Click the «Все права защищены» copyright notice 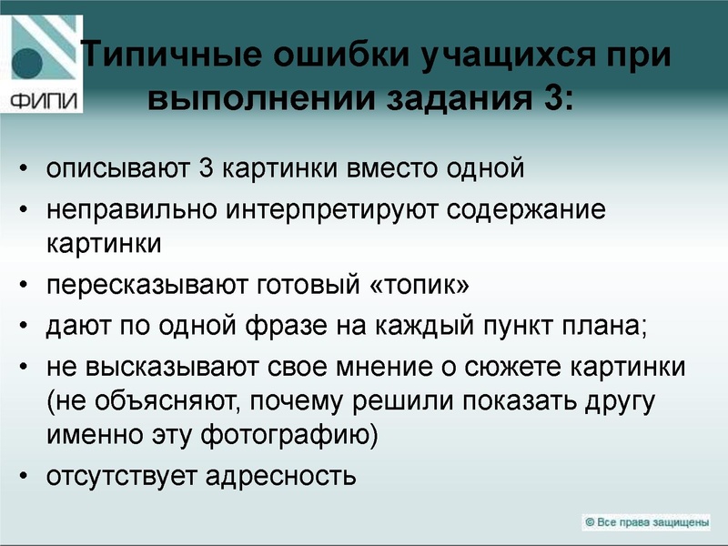[x=646, y=521]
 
